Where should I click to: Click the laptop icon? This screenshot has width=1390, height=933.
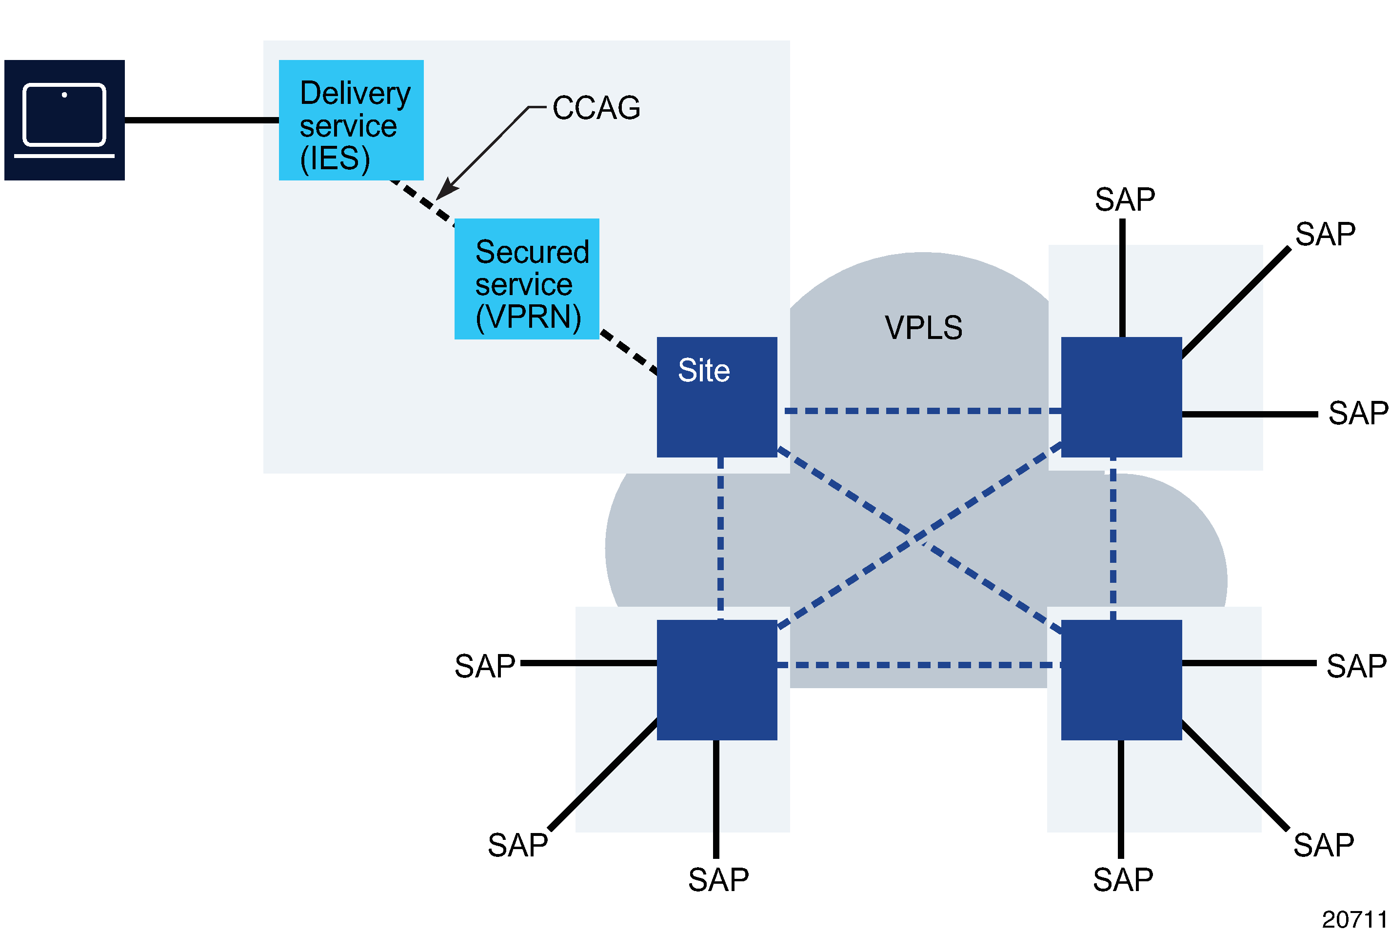[64, 120]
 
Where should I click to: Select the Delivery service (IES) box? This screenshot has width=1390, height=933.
[351, 120]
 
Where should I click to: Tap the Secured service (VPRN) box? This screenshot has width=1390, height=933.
[527, 279]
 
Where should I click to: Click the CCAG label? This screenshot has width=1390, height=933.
[596, 108]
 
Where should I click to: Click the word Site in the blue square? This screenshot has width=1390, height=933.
[704, 371]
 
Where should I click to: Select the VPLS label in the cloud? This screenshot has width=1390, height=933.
[923, 328]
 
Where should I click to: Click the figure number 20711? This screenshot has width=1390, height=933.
[1354, 919]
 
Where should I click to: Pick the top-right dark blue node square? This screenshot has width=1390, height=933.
[1121, 397]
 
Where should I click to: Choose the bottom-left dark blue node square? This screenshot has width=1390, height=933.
[716, 680]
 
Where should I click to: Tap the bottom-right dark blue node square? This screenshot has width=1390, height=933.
[1121, 680]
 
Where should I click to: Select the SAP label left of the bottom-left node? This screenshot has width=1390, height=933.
[484, 666]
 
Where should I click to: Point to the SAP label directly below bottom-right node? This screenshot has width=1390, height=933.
[1123, 880]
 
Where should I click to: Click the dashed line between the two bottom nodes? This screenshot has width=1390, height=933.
[919, 665]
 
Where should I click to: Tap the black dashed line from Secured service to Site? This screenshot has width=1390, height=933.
[628, 352]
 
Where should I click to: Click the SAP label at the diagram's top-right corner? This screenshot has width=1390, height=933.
[1325, 234]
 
